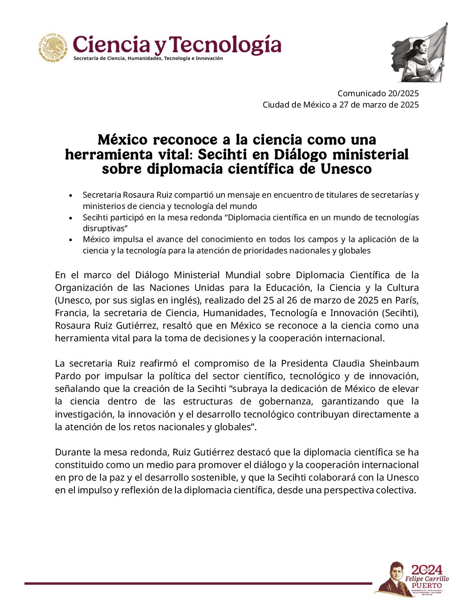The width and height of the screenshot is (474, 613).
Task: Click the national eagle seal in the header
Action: (x=53, y=47)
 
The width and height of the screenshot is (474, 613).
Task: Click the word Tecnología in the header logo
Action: (x=225, y=45)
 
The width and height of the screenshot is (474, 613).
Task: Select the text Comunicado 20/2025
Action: (x=378, y=93)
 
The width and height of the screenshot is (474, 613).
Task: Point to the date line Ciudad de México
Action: (x=340, y=104)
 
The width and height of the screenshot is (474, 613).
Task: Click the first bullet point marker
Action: (x=71, y=195)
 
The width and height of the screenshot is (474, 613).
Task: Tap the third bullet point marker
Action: (x=71, y=240)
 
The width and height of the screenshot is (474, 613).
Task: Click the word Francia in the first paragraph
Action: (x=70, y=313)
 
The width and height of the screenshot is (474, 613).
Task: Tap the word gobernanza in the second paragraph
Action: (x=287, y=401)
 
